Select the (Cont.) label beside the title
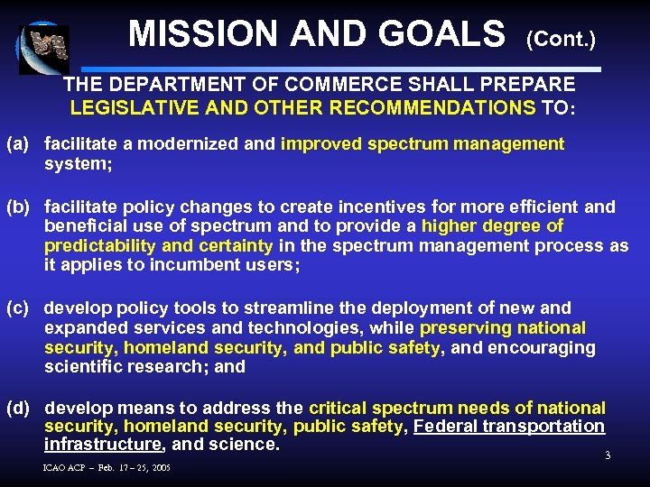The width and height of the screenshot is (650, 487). [561, 40]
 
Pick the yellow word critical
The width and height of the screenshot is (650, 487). [340, 408]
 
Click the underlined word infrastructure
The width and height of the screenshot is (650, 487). [101, 445]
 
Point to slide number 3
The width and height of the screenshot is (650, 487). [608, 455]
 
